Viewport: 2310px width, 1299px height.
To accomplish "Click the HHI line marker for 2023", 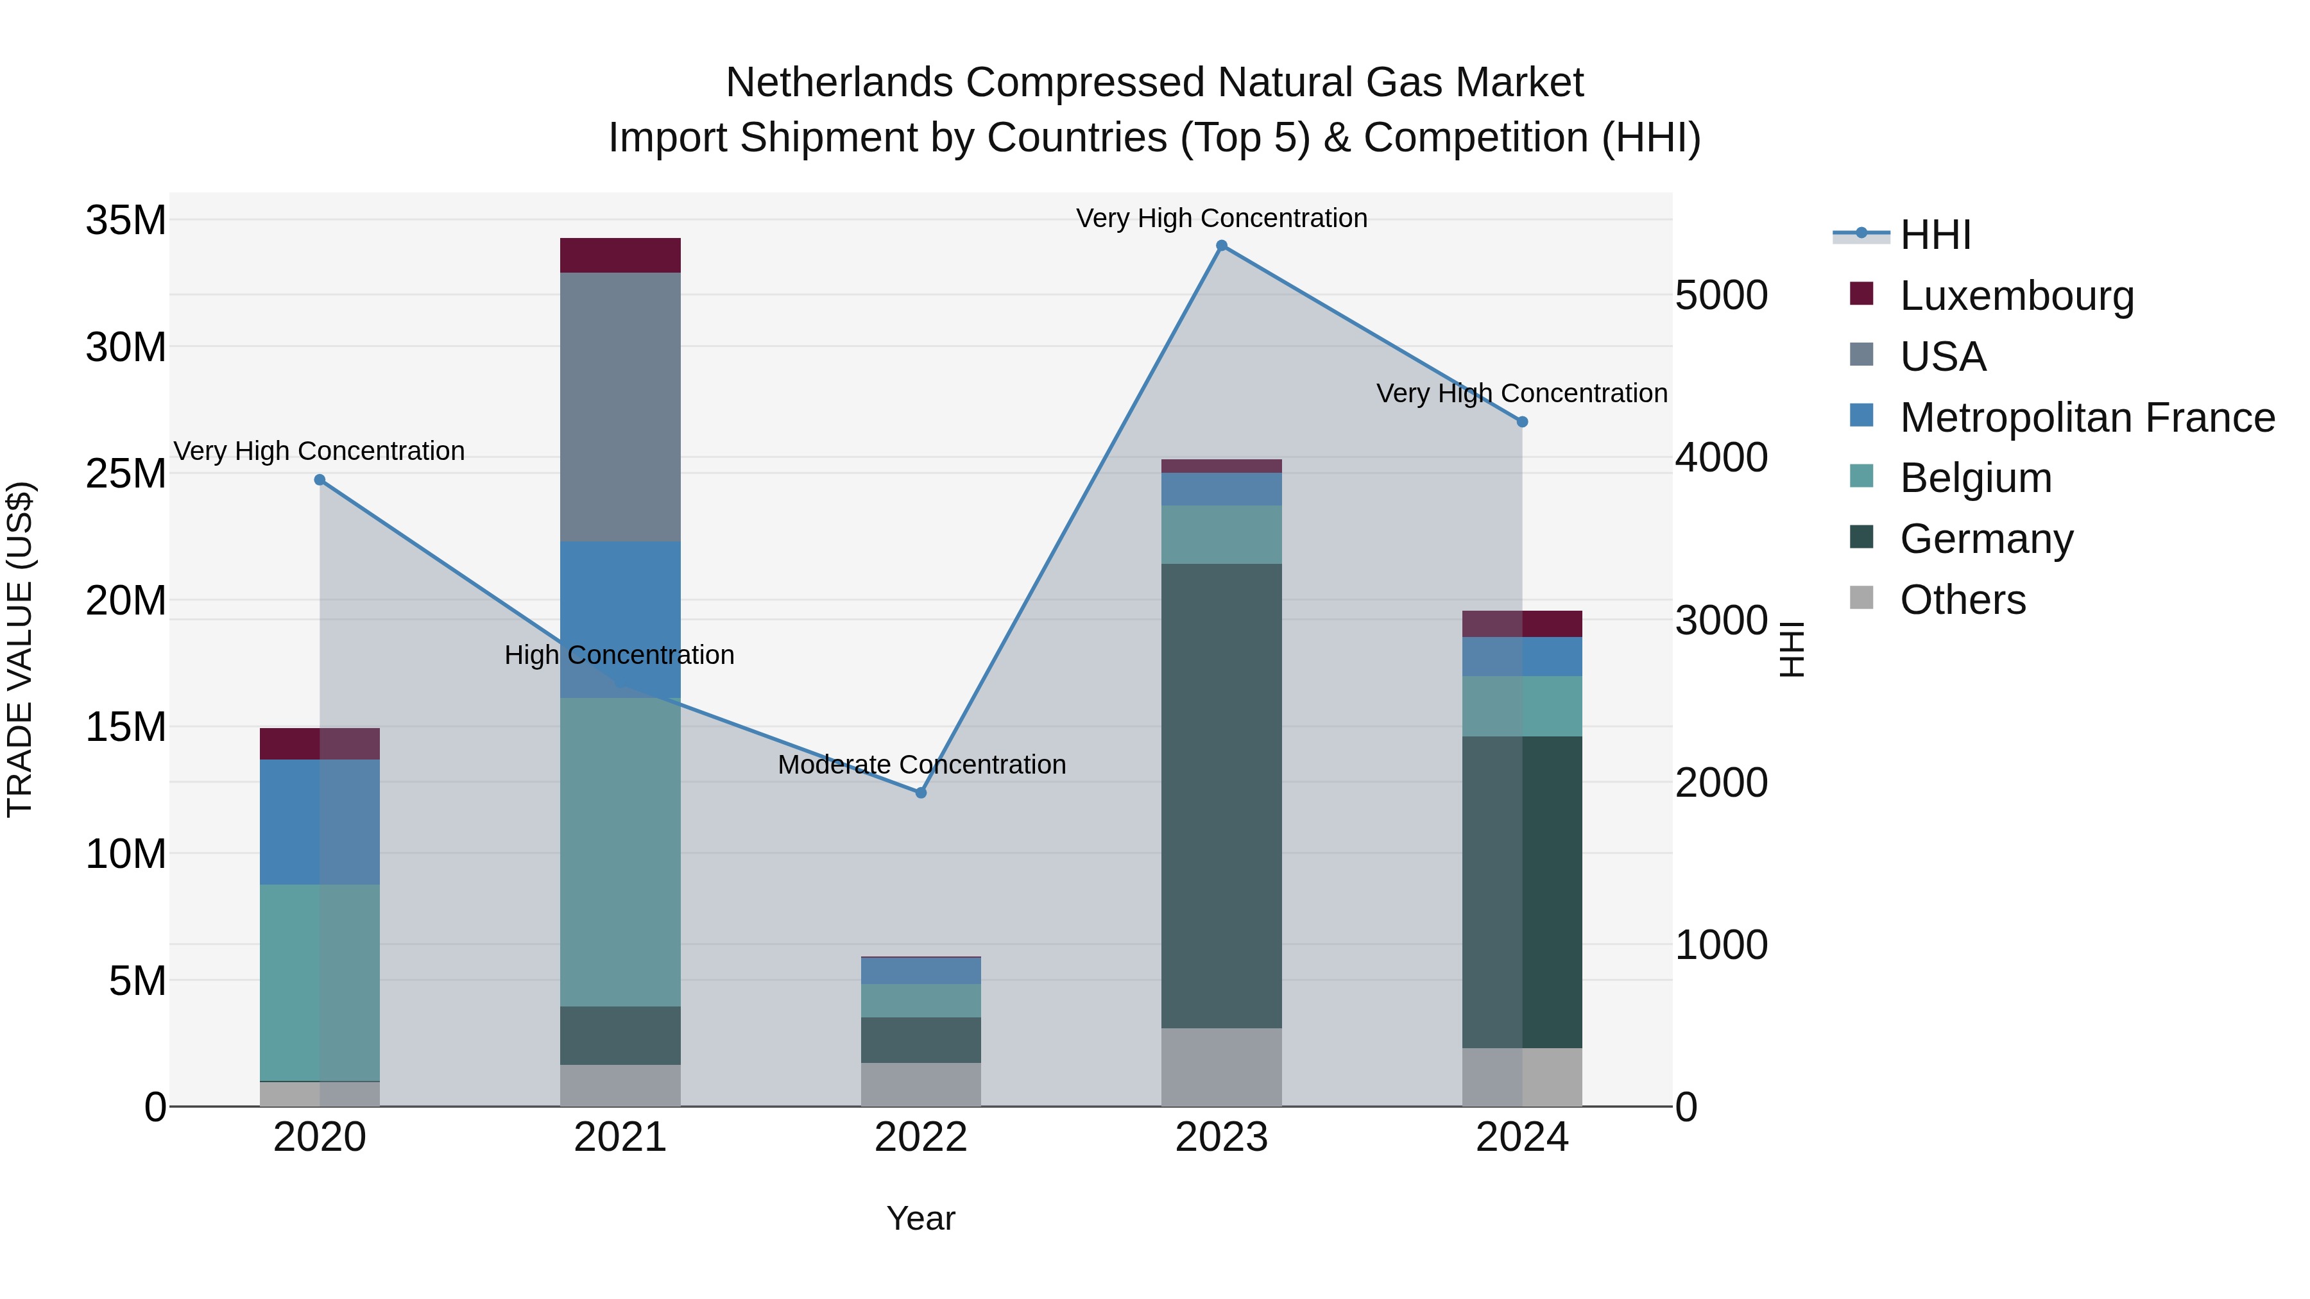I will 1221,246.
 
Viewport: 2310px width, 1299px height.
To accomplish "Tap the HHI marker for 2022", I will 921,792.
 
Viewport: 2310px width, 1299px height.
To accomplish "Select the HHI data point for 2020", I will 320,480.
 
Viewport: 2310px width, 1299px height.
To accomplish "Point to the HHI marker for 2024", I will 1522,422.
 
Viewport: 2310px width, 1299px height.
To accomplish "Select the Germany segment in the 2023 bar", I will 1221,796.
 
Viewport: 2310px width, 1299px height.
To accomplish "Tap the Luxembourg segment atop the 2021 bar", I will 620,255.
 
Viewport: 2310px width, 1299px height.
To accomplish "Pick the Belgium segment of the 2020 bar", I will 320,983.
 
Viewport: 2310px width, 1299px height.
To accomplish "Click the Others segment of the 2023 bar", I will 1221,1067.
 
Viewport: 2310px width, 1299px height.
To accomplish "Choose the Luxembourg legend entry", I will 2016,296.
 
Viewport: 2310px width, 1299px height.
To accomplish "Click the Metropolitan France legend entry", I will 2087,418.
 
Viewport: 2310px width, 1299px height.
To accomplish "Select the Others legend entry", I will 1962,600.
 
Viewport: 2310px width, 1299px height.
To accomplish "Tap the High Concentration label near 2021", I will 619,656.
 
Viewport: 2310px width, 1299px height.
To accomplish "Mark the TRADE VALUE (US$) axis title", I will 20,649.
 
